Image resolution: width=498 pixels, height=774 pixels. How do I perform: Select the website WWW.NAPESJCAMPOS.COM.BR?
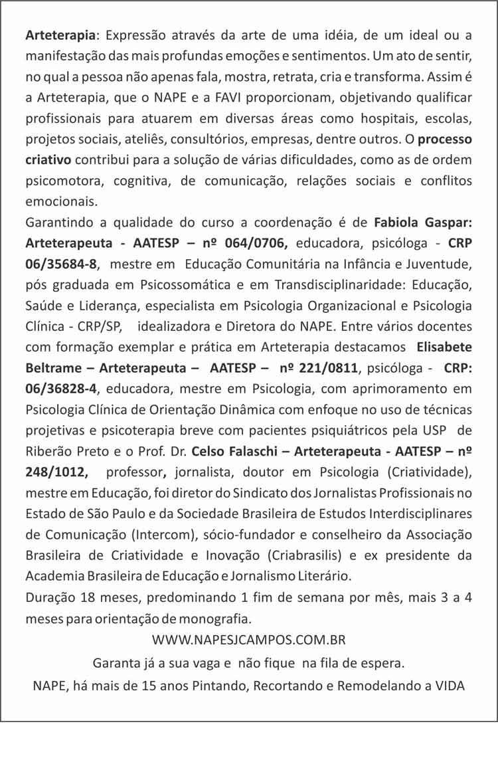249,640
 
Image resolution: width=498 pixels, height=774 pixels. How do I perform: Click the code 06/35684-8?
61,264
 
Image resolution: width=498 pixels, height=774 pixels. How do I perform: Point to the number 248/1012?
56,472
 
